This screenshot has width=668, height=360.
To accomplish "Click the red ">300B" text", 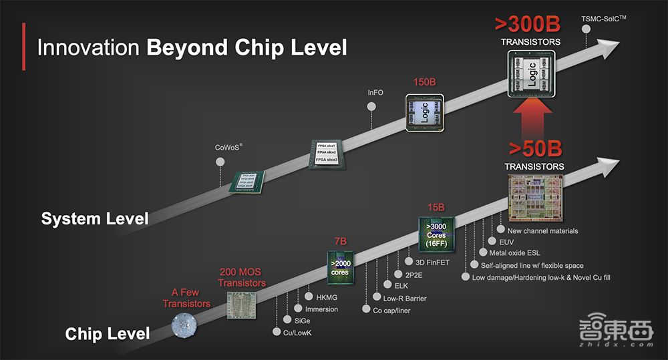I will click(527, 24).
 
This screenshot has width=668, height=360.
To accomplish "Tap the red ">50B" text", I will click(534, 148).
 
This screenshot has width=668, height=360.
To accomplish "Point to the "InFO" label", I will click(375, 92).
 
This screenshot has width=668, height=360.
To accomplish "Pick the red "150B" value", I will click(424, 82).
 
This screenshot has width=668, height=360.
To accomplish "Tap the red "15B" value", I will click(436, 208).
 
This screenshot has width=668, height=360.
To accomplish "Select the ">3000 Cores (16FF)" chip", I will click(436, 234).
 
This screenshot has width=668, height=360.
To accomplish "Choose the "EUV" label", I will click(506, 242).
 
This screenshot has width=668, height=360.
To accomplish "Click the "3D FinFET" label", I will click(432, 262).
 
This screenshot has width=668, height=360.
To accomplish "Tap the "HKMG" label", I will click(319, 297).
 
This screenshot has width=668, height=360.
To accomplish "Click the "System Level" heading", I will click(95, 218).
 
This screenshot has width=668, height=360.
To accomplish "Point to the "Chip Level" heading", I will click(107, 333).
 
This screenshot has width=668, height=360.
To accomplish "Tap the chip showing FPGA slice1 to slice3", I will click(325, 154).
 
